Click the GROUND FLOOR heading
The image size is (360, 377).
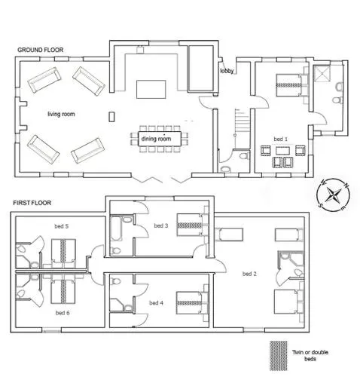(x=40, y=50)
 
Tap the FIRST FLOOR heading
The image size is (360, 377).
(x=32, y=203)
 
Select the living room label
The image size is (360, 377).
(x=61, y=114)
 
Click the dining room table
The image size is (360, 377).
(x=160, y=139)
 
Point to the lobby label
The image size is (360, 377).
(x=227, y=71)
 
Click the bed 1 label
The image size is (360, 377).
(x=281, y=139)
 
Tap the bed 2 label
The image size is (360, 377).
(x=249, y=274)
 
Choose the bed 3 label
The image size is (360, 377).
(x=161, y=225)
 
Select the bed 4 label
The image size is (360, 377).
(x=156, y=303)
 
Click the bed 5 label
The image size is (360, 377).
(x=62, y=226)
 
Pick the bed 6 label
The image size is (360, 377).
(x=63, y=313)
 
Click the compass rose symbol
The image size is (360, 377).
(x=333, y=195)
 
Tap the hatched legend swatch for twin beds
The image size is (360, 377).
(x=279, y=355)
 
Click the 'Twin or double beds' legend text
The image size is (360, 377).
(x=310, y=355)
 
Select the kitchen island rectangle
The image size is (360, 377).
(x=151, y=89)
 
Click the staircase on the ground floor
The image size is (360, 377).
(x=242, y=122)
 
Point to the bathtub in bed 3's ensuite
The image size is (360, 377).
(x=116, y=228)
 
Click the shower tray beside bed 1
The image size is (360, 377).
(x=322, y=73)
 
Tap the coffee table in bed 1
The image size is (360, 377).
(x=283, y=151)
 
